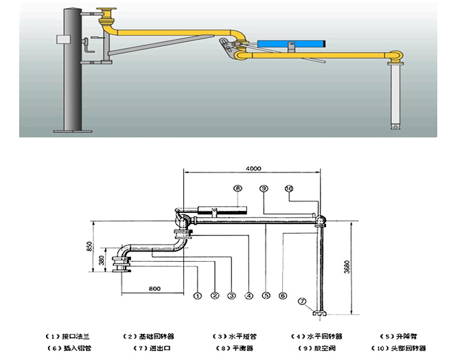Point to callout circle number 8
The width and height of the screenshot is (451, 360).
coord(238,187)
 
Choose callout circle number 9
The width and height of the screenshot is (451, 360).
coord(263,187)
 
